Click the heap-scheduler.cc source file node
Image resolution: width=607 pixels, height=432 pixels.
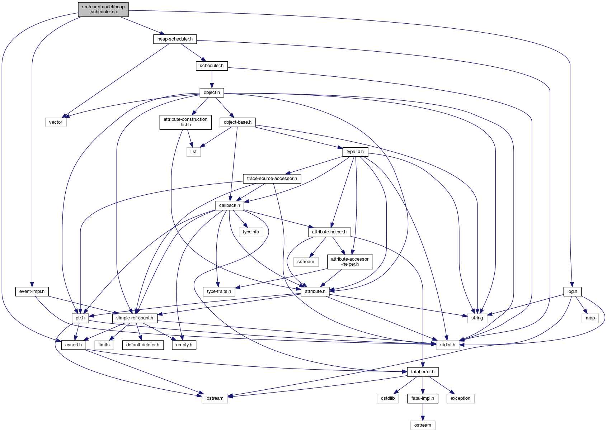coord(103,9)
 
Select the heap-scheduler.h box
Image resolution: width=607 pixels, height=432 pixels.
coord(175,39)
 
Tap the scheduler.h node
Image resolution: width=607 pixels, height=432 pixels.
coord(212,66)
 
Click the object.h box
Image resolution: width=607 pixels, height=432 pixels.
coord(212,92)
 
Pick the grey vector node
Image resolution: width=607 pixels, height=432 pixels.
coord(56,122)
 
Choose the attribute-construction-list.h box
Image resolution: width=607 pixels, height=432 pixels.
coord(185,122)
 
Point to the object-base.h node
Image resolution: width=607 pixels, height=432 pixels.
coord(237,122)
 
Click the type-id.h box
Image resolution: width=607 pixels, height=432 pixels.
coord(355,152)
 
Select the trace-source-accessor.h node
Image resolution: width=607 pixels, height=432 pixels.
coord(272,179)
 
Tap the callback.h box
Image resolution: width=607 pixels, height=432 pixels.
coord(230,205)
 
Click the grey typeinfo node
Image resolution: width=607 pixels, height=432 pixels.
coord(251,232)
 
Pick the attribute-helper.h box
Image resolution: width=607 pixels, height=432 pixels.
coord(329,232)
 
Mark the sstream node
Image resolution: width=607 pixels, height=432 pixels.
coord(306,262)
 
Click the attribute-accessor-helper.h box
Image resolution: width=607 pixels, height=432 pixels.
coord(350,261)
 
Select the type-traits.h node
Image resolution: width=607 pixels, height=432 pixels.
coord(219,291)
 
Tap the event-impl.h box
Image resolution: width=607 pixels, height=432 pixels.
coord(32,291)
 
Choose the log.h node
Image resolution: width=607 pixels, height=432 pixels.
coord(572,291)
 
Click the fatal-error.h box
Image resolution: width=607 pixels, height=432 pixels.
coord(423,372)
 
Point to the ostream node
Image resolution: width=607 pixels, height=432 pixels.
coord(423,425)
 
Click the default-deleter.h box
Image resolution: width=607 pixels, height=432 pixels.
coord(143,345)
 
